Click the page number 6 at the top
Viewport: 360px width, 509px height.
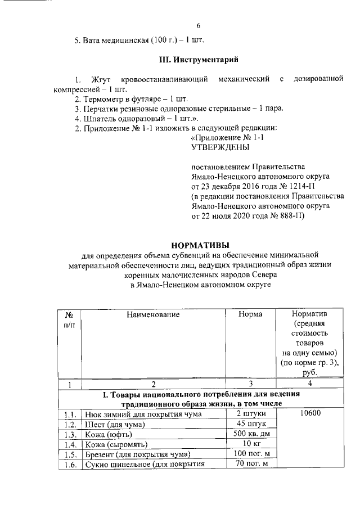(x=199, y=25)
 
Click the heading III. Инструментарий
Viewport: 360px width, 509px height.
(x=198, y=59)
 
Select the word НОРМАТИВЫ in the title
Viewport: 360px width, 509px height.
(x=200, y=245)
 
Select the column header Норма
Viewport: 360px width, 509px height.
(x=250, y=315)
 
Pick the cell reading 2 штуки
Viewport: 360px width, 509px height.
(x=250, y=415)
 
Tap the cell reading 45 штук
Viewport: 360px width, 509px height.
(x=251, y=424)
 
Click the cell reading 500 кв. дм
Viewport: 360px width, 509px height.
(x=250, y=434)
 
